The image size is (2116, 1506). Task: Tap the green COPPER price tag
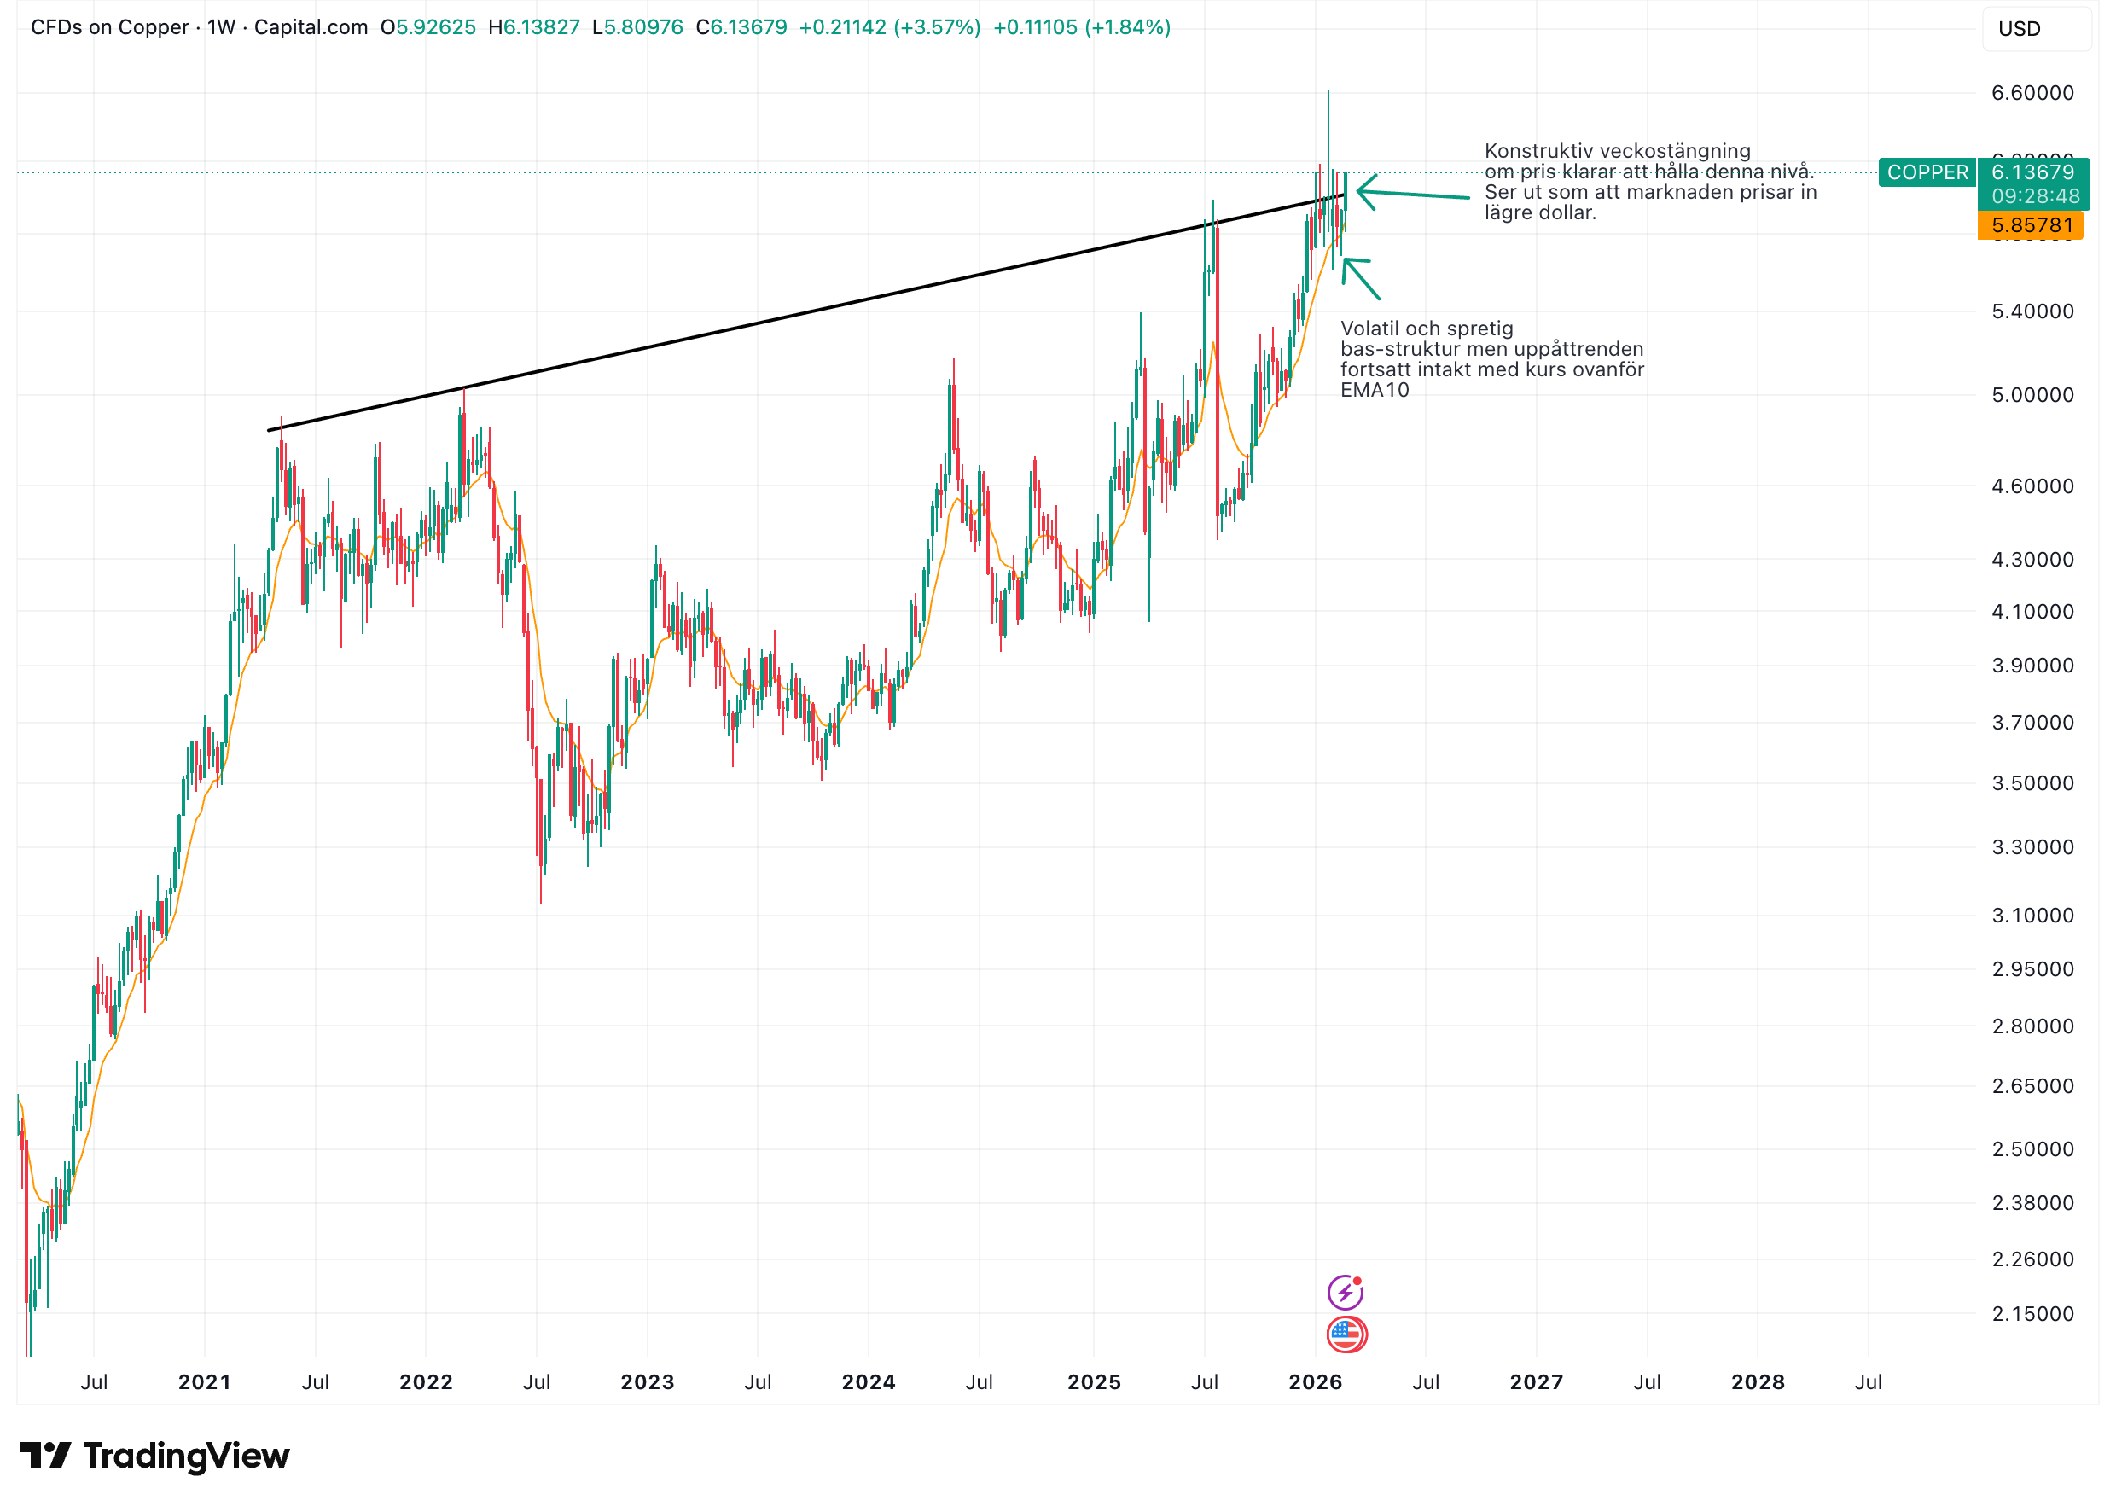pos(1926,172)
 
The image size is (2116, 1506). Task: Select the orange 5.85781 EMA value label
pos(2031,225)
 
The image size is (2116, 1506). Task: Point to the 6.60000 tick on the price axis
pos(2032,93)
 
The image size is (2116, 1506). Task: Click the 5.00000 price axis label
pos(2032,395)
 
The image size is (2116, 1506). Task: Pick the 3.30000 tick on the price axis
pos(2032,846)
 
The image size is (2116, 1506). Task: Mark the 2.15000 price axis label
pos(2032,1313)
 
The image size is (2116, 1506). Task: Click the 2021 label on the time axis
pos(204,1381)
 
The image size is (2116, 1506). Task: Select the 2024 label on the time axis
pos(868,1381)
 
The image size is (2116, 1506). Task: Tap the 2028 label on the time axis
pos(1757,1381)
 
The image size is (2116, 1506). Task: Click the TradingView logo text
pos(185,1456)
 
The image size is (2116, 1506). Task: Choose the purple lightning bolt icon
pos(1345,1292)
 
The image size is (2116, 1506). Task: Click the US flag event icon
pos(1346,1334)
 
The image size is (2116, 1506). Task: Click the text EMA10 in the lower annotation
pos(1375,391)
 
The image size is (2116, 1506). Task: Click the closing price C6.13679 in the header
pos(741,28)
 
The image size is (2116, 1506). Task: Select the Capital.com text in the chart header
pos(311,28)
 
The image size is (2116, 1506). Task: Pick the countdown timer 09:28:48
pos(2035,196)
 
